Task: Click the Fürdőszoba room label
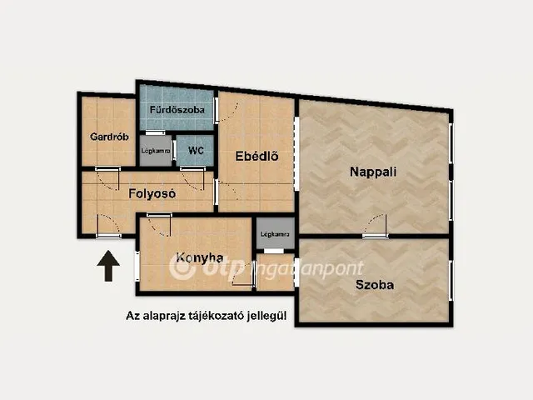(177, 110)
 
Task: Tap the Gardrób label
(109, 137)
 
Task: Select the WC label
(196, 150)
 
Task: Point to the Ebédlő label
(257, 156)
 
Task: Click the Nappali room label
(373, 172)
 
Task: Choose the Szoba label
(375, 285)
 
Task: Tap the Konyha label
(200, 257)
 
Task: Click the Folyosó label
(152, 194)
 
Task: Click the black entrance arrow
(108, 266)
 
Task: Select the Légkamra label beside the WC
(156, 150)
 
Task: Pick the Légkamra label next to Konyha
(275, 234)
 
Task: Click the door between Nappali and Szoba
(376, 226)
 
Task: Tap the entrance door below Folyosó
(109, 226)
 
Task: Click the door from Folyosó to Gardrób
(107, 178)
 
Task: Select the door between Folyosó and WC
(192, 178)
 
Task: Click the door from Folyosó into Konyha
(159, 224)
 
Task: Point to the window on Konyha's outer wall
(137, 266)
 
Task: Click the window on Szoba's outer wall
(451, 280)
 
